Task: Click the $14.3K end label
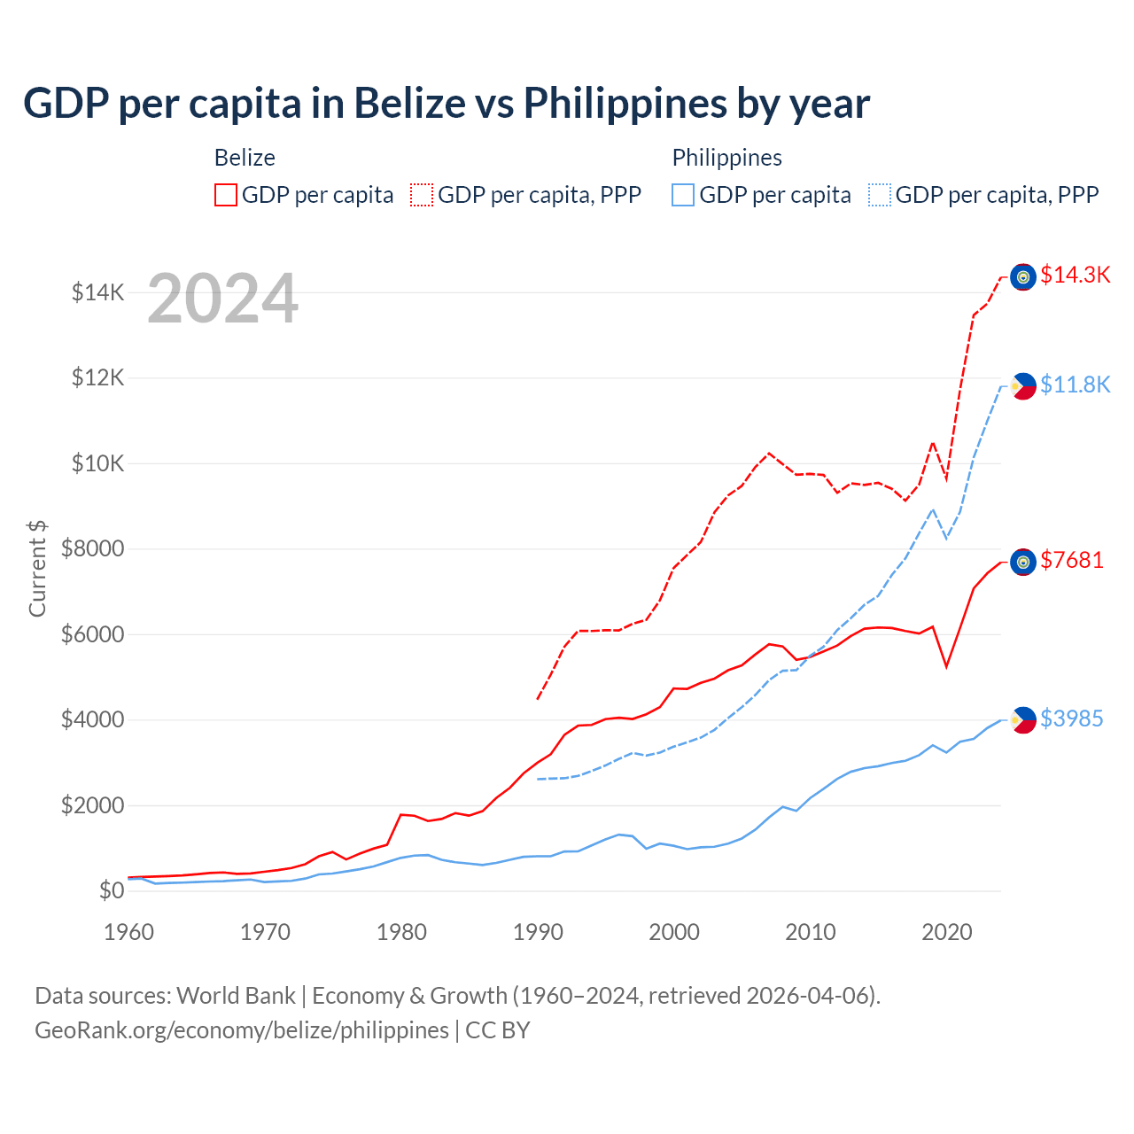click(1075, 276)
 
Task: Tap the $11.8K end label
click(1075, 384)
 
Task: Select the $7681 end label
click(1071, 560)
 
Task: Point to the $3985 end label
click(1071, 718)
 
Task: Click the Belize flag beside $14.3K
click(1023, 277)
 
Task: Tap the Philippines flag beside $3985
click(1023, 720)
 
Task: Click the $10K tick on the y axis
click(97, 463)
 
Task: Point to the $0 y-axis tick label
click(111, 890)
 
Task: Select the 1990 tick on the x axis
click(538, 932)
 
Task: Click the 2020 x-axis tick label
click(947, 932)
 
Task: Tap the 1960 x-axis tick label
click(129, 932)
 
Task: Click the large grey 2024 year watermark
click(222, 299)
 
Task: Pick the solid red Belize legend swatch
click(226, 195)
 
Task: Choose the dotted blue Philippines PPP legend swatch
click(880, 195)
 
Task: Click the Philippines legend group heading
click(726, 158)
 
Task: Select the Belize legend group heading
click(245, 158)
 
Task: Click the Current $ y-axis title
click(37, 568)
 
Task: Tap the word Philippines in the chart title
click(624, 103)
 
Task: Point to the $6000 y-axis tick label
click(92, 634)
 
